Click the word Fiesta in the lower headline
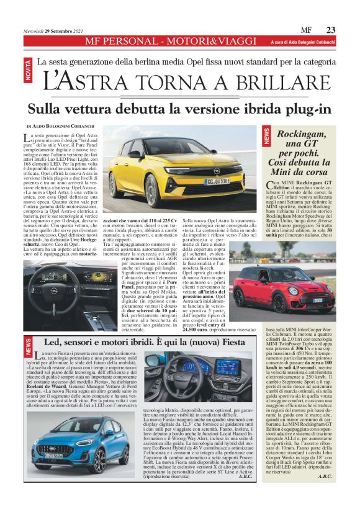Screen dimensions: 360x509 coord(222,341)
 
